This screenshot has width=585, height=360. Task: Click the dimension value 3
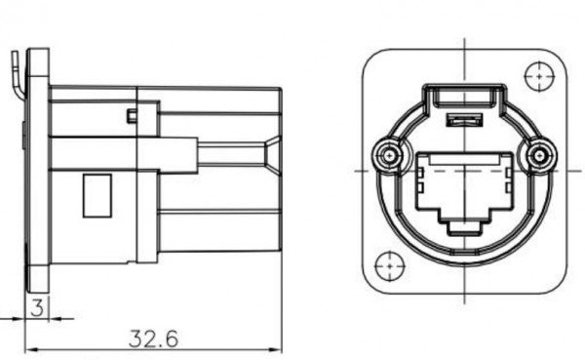tap(37, 308)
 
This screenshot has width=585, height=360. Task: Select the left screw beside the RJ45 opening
tap(391, 156)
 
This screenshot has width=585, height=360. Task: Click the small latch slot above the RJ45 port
tap(464, 120)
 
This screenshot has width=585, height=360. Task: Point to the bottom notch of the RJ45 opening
tap(464, 230)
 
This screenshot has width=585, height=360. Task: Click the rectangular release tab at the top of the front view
tap(464, 95)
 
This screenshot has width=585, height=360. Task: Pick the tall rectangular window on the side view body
tap(96, 195)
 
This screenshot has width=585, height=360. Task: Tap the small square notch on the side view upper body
tap(131, 117)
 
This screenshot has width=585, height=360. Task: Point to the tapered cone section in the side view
tap(269, 156)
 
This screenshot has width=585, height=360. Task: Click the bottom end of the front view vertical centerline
tap(464, 298)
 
